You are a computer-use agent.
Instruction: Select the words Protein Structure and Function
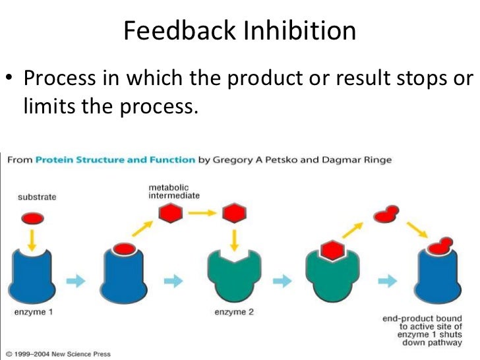tap(115, 160)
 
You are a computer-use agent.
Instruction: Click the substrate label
tap(36, 196)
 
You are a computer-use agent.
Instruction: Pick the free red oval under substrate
tap(33, 217)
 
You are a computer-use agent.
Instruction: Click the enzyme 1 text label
tap(34, 312)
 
